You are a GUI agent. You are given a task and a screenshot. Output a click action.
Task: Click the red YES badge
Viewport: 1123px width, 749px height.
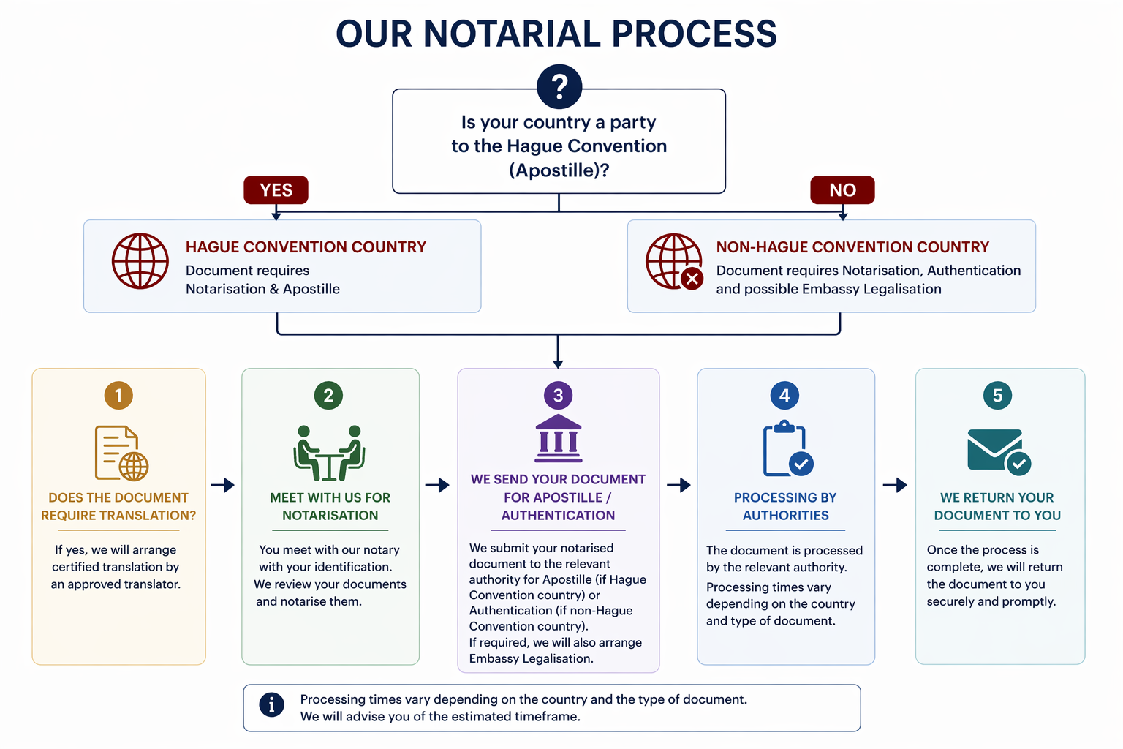click(x=276, y=190)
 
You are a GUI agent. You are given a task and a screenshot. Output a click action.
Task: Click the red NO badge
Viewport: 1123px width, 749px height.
click(x=842, y=190)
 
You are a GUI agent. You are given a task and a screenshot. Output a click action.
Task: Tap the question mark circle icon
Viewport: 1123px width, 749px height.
click(x=559, y=86)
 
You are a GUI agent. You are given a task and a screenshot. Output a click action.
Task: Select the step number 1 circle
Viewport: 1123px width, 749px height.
click(x=118, y=396)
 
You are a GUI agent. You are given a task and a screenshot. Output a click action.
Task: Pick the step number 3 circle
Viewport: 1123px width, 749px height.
click(x=558, y=396)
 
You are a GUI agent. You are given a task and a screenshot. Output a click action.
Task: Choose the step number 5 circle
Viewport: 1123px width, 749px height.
click(x=997, y=396)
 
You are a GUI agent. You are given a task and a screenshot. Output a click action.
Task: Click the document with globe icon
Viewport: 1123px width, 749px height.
click(x=121, y=453)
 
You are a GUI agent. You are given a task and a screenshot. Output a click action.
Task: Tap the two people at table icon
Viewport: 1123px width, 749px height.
click(x=330, y=453)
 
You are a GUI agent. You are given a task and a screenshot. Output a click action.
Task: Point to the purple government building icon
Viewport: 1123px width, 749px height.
click(x=559, y=438)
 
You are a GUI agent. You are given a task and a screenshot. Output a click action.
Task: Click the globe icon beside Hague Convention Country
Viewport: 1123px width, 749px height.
click(x=140, y=261)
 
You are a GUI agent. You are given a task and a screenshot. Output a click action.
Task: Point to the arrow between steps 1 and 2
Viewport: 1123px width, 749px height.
click(x=223, y=485)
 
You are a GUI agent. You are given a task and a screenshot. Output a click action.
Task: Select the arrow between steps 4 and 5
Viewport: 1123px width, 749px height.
click(x=895, y=485)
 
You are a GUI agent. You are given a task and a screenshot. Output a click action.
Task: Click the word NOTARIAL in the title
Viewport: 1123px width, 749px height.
click(x=511, y=34)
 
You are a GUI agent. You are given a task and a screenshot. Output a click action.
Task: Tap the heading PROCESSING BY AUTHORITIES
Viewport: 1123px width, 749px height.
click(x=785, y=506)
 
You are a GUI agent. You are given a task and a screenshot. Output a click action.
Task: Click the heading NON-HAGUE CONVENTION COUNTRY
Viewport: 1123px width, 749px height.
click(x=852, y=247)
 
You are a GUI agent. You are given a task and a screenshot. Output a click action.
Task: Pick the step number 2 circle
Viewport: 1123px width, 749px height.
click(x=328, y=396)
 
